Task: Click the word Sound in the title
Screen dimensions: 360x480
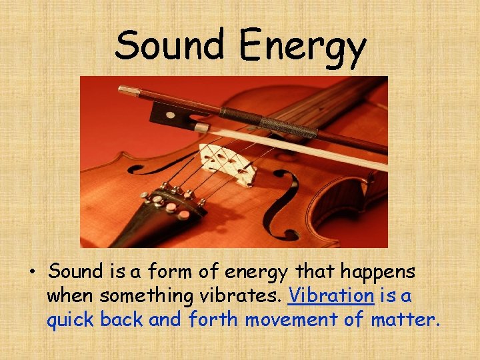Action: (x=170, y=45)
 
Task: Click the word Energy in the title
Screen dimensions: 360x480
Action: (x=302, y=47)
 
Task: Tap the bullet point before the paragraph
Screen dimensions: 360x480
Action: (x=31, y=272)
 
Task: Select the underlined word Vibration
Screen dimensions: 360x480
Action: (x=331, y=296)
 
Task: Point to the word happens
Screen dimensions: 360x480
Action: (x=380, y=273)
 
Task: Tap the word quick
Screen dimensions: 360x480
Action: (x=71, y=321)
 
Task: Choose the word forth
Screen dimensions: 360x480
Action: (x=213, y=320)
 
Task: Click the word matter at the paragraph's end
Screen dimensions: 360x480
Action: (x=404, y=320)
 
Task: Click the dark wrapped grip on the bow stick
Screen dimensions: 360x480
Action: (x=287, y=126)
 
